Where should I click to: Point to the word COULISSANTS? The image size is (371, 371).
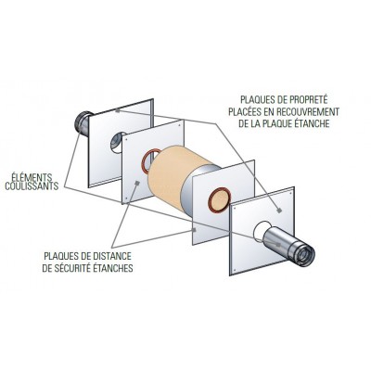[x=32, y=186]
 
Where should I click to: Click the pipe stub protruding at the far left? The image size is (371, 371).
[x=82, y=123]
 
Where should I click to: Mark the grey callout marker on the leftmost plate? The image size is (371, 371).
[x=117, y=109]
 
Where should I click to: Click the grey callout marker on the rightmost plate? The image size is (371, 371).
[x=279, y=211]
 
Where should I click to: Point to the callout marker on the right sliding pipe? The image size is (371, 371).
[x=279, y=244]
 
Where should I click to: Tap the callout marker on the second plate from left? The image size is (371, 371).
[x=137, y=183]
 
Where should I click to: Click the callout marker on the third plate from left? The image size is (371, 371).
[x=194, y=229]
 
